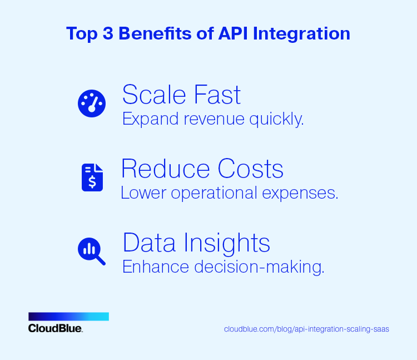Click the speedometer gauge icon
pos(92,103)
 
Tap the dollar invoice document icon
pos(92,177)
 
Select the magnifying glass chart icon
pos(92,251)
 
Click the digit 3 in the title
pos(108,33)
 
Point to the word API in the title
pos(233,33)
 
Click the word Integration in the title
pos(301,34)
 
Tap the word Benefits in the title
pos(155,33)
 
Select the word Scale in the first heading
pos(154,95)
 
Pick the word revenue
pos(214,119)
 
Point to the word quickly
pos(276,120)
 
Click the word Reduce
pos(166,169)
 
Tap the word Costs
pos(251,169)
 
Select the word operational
pos(214,193)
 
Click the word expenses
pos(300,194)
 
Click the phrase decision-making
pos(259,267)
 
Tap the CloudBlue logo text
pos(55,328)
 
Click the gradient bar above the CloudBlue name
pos(68,317)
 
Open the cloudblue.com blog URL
pos(306,329)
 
